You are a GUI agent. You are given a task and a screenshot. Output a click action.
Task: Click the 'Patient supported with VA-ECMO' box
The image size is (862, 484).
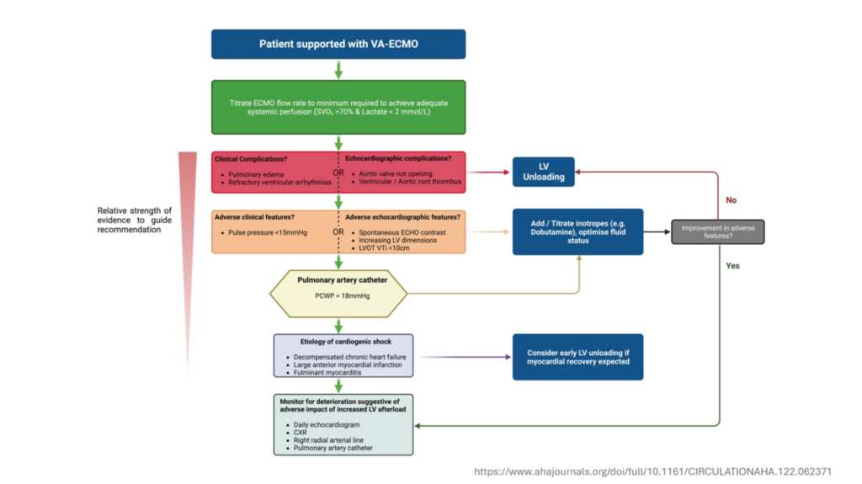pos(338,44)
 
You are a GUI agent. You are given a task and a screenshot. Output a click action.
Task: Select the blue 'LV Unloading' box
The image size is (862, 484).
pos(544,171)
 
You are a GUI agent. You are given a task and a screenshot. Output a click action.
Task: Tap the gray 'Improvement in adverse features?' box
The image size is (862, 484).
pos(717,231)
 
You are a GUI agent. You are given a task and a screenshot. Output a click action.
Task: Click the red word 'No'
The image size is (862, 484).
pos(732,200)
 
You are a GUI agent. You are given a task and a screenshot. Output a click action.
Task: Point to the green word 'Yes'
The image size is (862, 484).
pos(732,266)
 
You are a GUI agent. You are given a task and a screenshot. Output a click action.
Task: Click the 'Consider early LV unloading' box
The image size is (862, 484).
pos(577,357)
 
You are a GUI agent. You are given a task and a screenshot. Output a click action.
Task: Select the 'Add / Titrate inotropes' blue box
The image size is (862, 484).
pos(577,231)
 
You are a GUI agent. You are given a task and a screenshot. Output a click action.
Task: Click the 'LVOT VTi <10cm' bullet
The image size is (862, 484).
pos(386,248)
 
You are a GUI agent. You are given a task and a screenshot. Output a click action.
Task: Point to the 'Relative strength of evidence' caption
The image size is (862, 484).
pos(135,219)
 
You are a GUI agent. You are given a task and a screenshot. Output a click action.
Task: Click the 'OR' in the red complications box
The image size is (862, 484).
pos(338,173)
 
